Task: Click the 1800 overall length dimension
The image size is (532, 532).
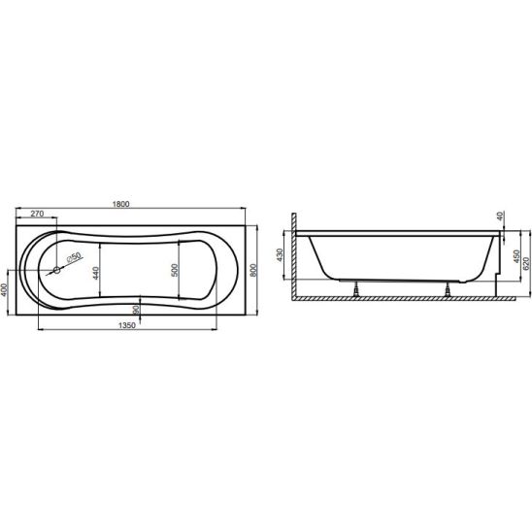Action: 121,204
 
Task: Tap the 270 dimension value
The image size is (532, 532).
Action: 37,214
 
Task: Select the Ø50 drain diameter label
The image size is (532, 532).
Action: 74,257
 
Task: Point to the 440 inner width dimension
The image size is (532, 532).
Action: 96,273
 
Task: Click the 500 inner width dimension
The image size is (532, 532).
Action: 175,271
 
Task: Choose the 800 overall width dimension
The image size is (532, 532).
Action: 253,270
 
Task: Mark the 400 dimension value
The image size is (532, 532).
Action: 4,289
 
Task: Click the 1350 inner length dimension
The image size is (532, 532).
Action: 127,325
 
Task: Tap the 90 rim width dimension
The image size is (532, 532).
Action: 136,310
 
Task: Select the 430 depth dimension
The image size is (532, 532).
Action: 280,254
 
